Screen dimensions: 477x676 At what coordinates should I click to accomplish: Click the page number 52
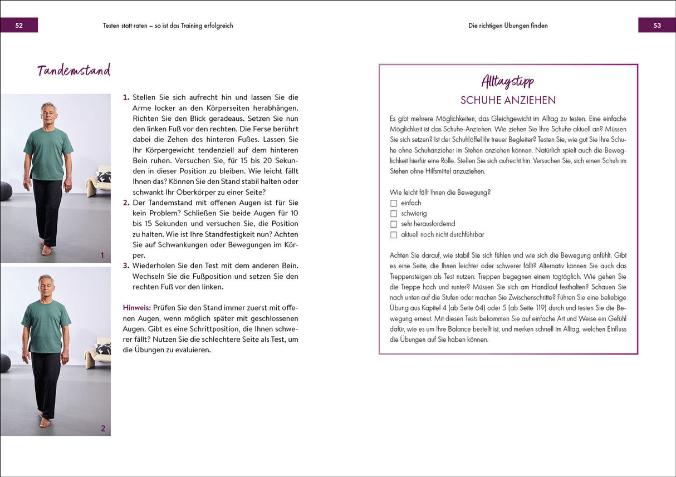(x=19, y=26)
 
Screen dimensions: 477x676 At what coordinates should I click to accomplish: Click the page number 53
(x=657, y=26)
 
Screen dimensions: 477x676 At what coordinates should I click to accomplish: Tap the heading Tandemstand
(x=74, y=71)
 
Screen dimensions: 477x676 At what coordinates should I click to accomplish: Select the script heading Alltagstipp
(x=508, y=82)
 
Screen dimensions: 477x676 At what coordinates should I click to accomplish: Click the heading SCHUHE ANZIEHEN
(x=508, y=100)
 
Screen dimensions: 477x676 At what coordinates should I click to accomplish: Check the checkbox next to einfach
(x=394, y=203)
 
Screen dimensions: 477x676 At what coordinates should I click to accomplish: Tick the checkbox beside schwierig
(x=394, y=214)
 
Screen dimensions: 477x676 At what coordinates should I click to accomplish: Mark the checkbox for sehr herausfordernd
(x=394, y=224)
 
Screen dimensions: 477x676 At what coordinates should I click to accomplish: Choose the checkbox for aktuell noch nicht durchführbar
(x=394, y=235)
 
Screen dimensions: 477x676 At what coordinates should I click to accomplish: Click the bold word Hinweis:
(x=136, y=307)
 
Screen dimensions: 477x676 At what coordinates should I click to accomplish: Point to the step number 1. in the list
(x=126, y=97)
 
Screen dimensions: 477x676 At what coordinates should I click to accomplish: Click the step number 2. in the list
(x=126, y=203)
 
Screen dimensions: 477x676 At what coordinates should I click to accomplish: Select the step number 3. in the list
(x=126, y=265)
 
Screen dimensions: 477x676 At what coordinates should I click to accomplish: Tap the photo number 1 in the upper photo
(x=102, y=256)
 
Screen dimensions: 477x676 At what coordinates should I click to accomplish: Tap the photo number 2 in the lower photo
(x=102, y=429)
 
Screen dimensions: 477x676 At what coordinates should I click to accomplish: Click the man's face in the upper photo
(x=48, y=114)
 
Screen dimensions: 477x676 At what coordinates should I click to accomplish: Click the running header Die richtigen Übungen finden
(x=508, y=26)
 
